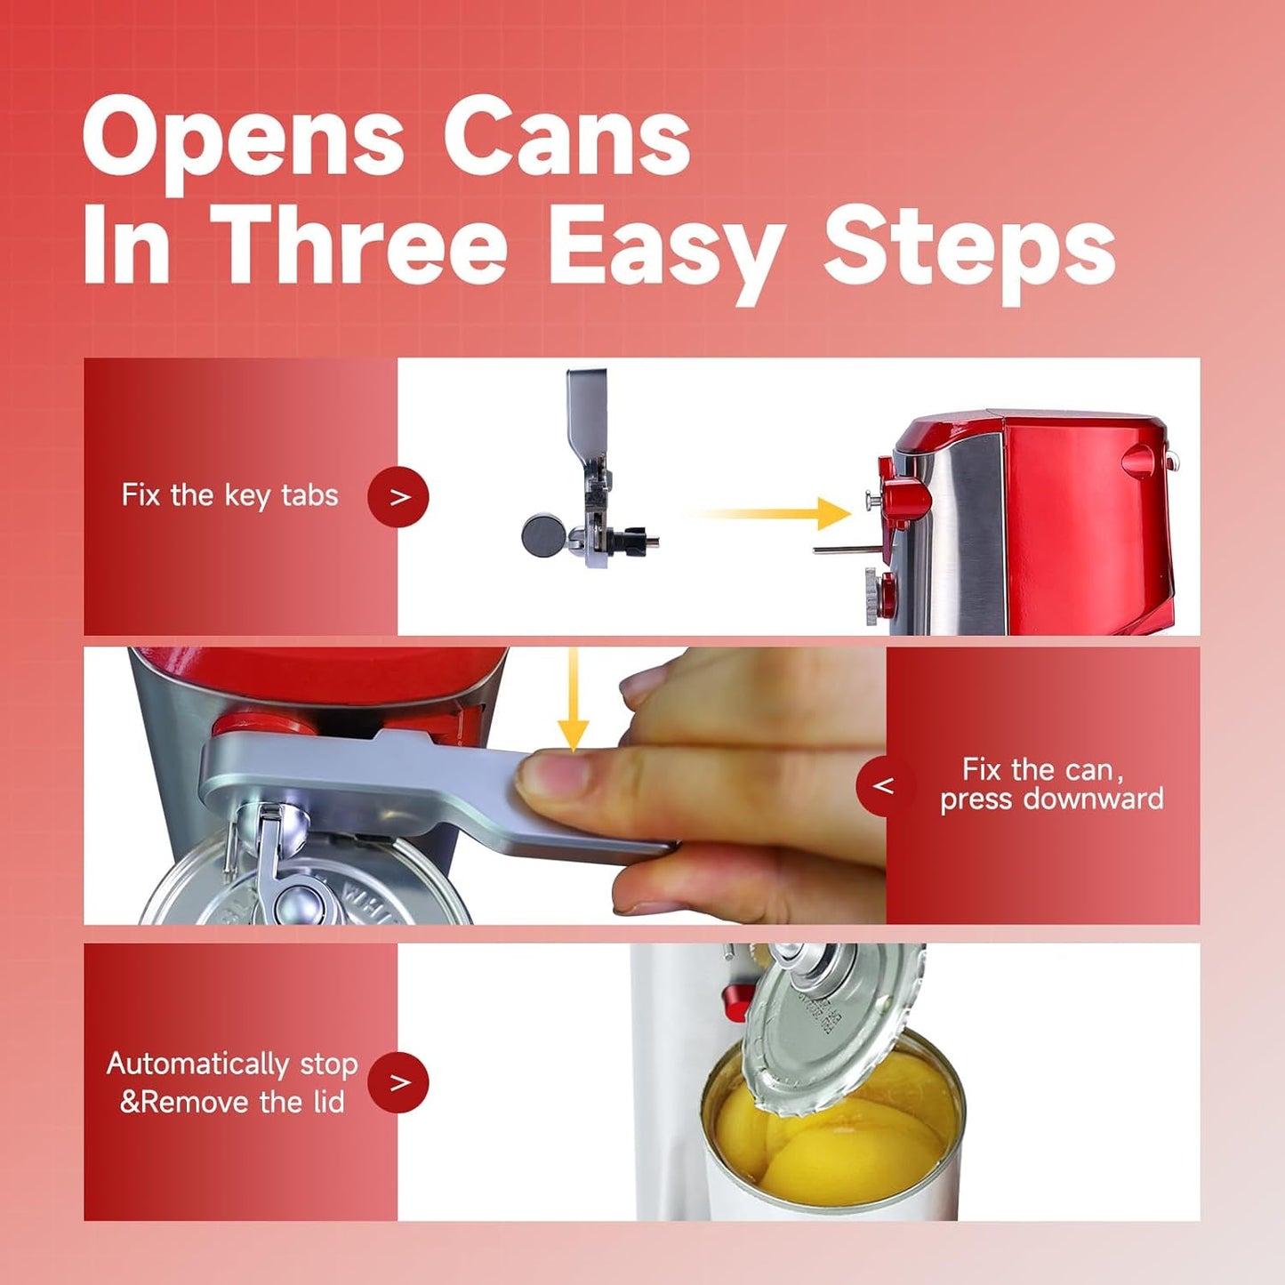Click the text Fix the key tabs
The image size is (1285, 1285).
pos(229,495)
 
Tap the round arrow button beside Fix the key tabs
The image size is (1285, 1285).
pos(398,497)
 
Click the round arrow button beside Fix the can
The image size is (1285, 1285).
pos(882,786)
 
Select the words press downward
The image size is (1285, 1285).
pos(1051,799)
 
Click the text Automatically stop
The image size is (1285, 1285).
pos(232,1064)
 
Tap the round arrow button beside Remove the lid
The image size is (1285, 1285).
pos(398,1082)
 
